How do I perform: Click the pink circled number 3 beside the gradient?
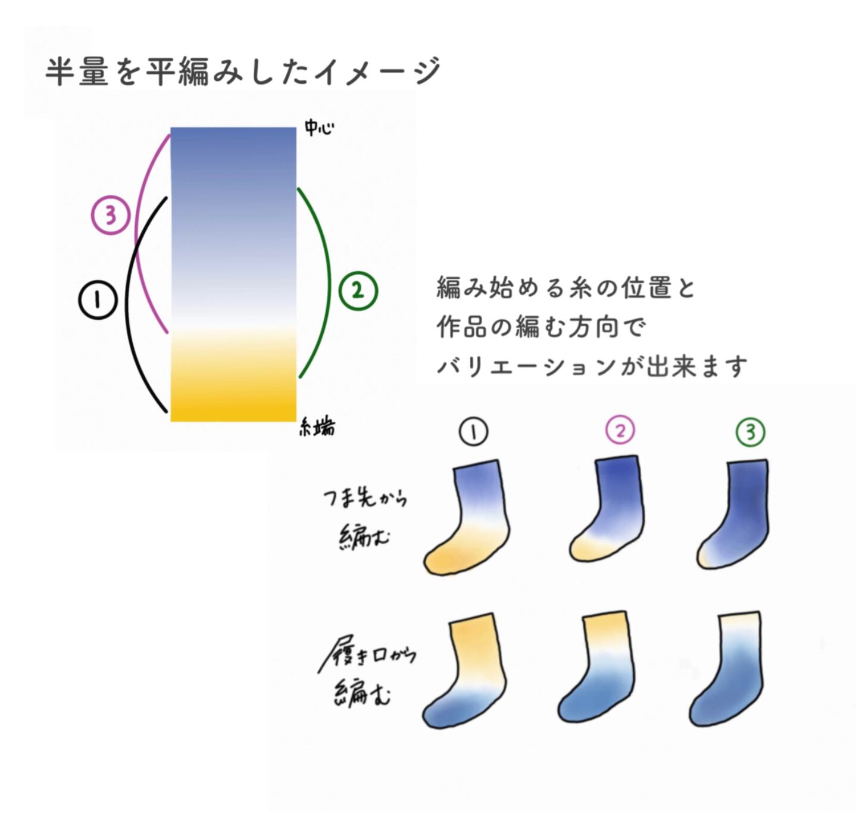111,214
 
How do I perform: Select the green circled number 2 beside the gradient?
358,290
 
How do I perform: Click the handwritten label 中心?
318,127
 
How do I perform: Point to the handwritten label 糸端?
317,427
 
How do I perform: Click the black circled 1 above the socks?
473,432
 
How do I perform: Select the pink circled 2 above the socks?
620,430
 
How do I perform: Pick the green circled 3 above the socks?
750,432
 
